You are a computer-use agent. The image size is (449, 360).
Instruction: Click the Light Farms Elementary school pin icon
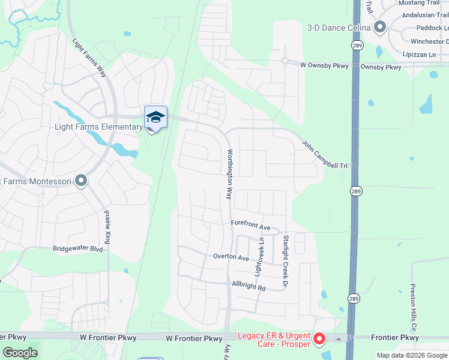tap(155, 117)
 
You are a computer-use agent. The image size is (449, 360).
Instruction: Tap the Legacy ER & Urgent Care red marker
tap(319, 340)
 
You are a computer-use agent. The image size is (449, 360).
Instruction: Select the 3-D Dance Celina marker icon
tap(379, 27)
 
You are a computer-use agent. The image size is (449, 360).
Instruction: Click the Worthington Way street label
tap(229, 174)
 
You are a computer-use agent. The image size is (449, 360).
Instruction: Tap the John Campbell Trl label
tap(325, 154)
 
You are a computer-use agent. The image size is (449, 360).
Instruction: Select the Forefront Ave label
tap(251, 226)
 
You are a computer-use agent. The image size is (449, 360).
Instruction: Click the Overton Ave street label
tap(231, 257)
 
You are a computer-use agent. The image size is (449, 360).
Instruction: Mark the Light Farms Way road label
tap(89, 58)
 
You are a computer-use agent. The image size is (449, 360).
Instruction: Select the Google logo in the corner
tap(20, 353)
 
